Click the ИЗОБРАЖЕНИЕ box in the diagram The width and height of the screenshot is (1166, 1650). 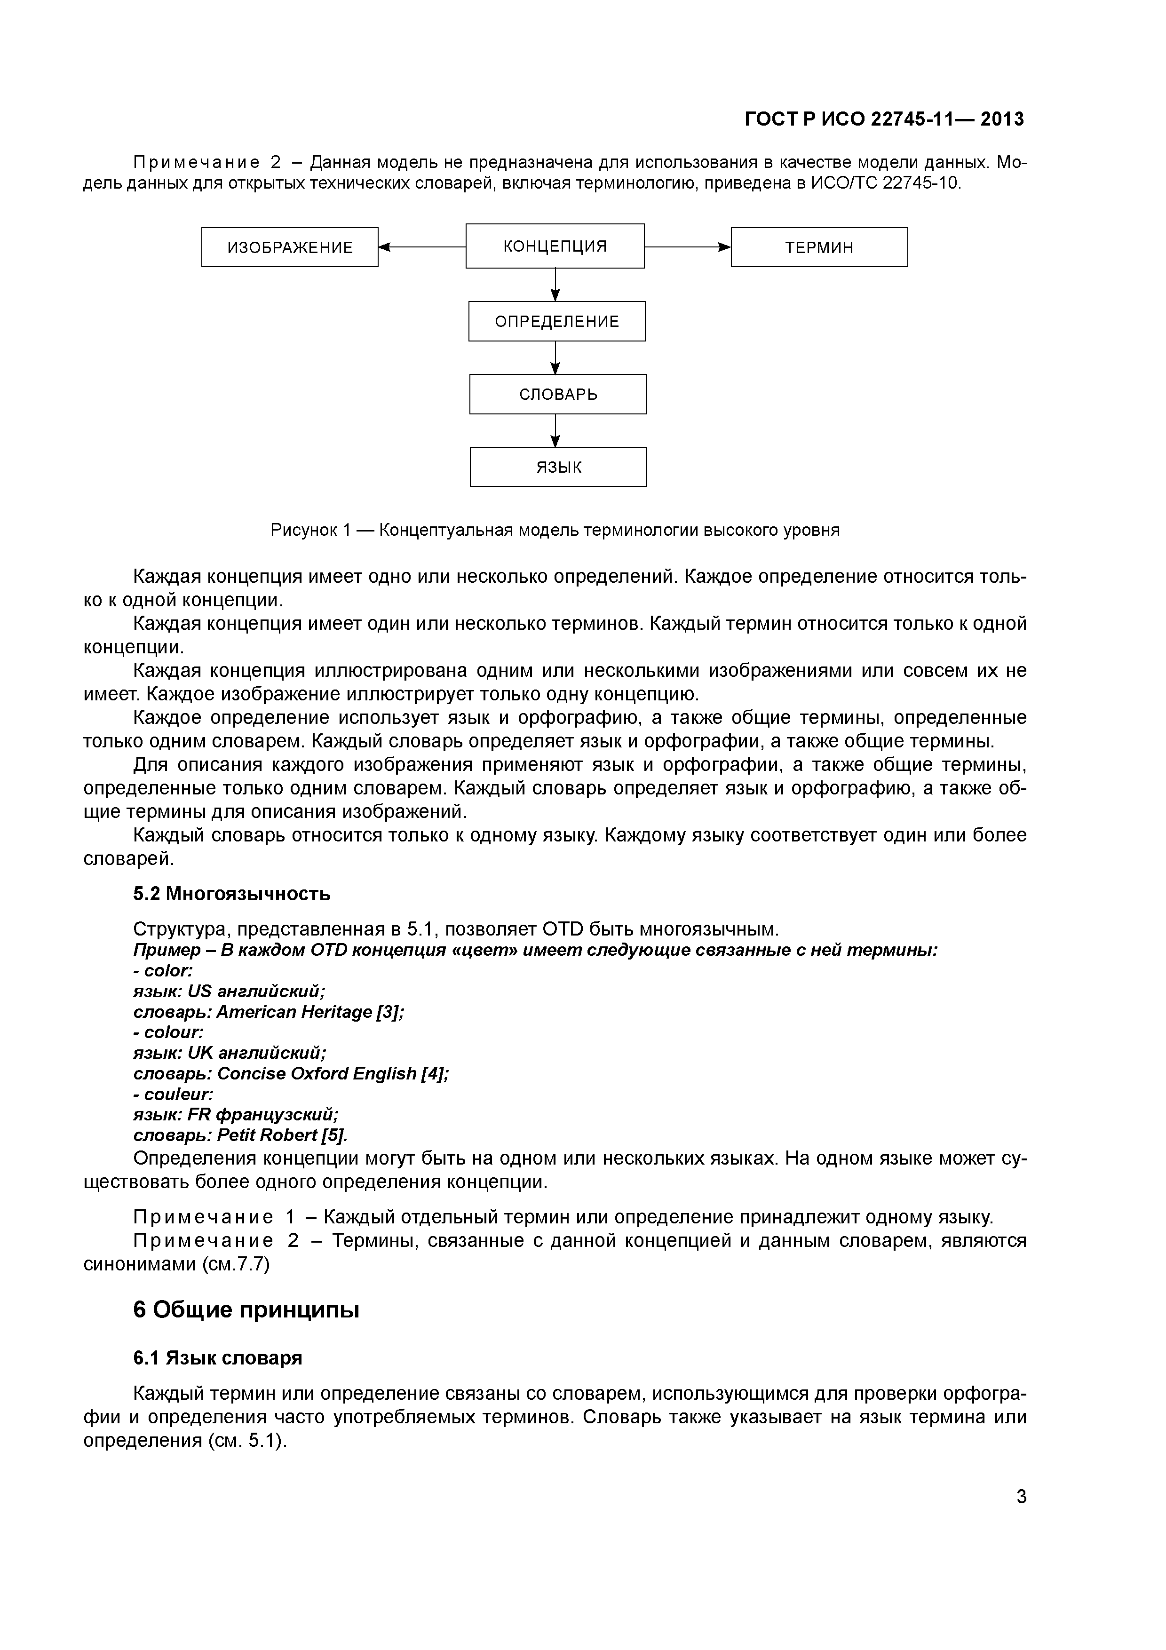coord(290,247)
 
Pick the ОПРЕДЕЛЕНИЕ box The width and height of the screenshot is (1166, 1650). coord(557,321)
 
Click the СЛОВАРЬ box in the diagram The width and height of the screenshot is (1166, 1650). coord(557,394)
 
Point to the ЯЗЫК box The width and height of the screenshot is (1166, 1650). coord(558,467)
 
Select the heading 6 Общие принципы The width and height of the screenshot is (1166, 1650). coord(246,1310)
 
